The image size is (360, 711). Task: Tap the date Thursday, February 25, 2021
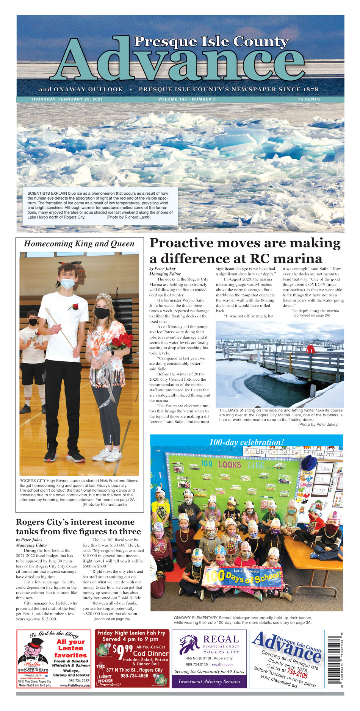(67, 99)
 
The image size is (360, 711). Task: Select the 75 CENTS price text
(309, 99)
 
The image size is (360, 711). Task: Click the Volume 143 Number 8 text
(187, 99)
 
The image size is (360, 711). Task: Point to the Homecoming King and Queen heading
(79, 244)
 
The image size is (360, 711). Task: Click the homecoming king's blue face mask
(67, 283)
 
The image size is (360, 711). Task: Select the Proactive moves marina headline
(245, 250)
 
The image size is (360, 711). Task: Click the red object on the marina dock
(310, 349)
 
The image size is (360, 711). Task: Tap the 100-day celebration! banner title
(247, 442)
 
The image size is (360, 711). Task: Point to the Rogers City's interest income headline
(78, 527)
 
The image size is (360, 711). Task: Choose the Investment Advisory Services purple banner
(209, 681)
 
